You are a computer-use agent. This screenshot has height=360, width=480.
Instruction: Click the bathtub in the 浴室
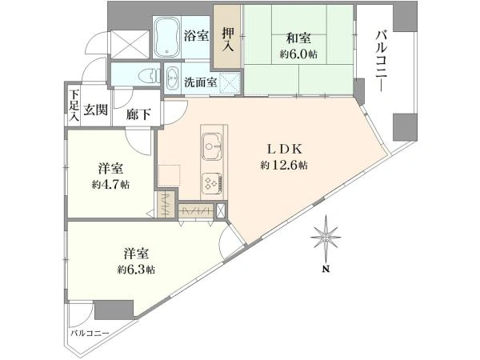tap(167, 38)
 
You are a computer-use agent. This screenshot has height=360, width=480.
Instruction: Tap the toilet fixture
tap(150, 75)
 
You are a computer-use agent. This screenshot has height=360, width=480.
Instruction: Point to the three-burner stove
tap(212, 183)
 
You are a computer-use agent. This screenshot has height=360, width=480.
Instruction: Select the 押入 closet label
tap(228, 39)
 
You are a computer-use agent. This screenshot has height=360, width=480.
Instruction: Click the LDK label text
tap(285, 150)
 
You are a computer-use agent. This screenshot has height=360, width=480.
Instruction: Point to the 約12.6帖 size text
tap(284, 166)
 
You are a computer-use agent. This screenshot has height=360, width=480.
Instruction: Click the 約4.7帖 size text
tap(110, 185)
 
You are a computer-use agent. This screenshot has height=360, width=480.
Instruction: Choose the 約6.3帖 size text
tap(136, 270)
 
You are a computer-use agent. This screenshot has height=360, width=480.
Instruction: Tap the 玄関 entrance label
tap(95, 110)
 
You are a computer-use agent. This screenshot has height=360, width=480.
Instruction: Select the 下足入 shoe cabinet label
tap(74, 105)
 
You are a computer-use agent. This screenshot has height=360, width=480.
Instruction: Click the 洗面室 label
tap(201, 82)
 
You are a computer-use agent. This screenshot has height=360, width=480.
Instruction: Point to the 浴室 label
tap(196, 36)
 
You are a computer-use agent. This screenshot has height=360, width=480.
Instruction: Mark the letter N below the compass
tap(326, 270)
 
